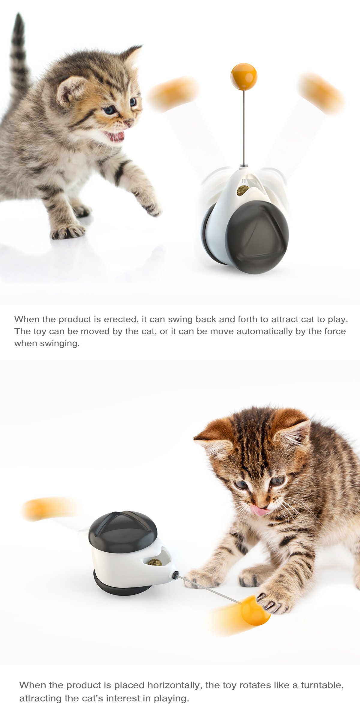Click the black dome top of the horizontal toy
[x=123, y=531]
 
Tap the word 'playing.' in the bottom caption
[x=171, y=698]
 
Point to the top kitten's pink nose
[x=129, y=122]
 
